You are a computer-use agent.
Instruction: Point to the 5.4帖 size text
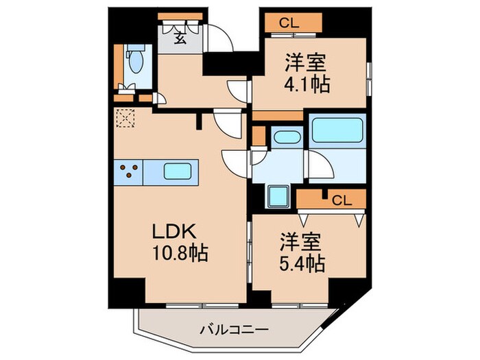(x=302, y=262)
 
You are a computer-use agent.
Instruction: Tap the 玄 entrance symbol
(x=178, y=38)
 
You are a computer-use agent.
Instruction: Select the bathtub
(x=336, y=130)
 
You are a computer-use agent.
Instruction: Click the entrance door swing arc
(x=221, y=38)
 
